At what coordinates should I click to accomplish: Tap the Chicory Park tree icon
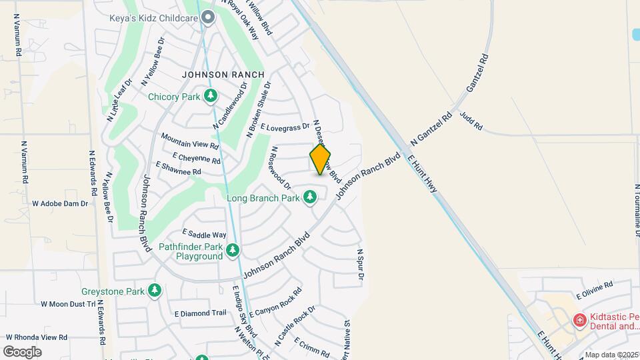(x=211, y=97)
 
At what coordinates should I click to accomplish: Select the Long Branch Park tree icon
(x=309, y=197)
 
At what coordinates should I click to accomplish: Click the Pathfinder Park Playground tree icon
(x=232, y=251)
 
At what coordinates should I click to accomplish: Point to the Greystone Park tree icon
(x=155, y=291)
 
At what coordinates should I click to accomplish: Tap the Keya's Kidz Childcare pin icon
(x=208, y=18)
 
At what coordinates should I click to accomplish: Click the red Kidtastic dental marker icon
(x=579, y=321)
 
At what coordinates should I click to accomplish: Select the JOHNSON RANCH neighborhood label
(x=223, y=75)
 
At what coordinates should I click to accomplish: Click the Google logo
(x=22, y=351)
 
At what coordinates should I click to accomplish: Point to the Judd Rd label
(x=471, y=121)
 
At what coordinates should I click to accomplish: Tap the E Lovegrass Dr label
(x=285, y=126)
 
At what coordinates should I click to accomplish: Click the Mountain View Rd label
(x=190, y=140)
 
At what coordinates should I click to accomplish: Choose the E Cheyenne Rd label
(x=196, y=158)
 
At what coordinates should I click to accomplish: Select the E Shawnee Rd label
(x=178, y=168)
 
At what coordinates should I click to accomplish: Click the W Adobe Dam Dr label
(x=60, y=203)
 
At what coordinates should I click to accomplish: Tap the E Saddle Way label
(x=204, y=234)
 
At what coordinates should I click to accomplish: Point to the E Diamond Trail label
(x=201, y=313)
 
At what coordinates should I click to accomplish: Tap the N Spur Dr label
(x=360, y=264)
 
